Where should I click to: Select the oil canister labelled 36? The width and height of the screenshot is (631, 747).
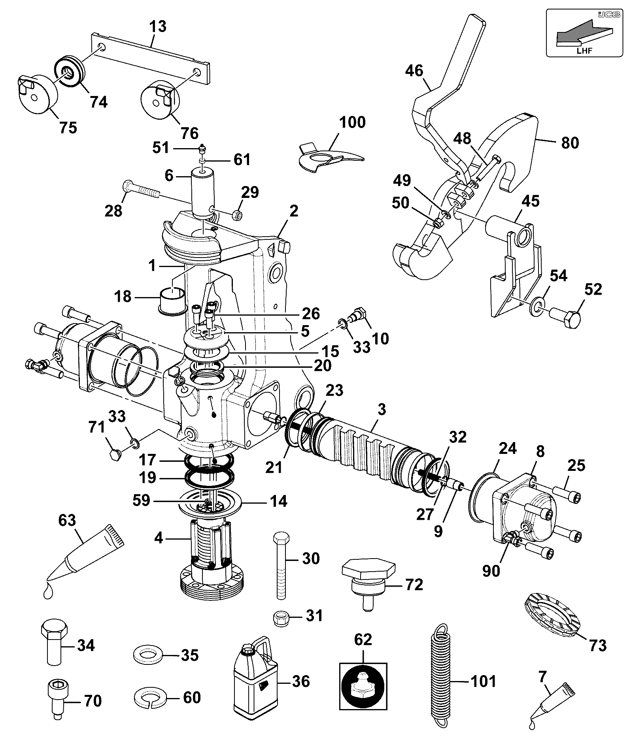[x=255, y=681]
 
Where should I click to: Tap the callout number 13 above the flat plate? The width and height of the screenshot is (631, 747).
[x=158, y=26]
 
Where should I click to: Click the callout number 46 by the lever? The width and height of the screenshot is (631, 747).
[x=414, y=71]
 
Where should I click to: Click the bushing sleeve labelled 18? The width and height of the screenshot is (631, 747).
[x=173, y=300]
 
